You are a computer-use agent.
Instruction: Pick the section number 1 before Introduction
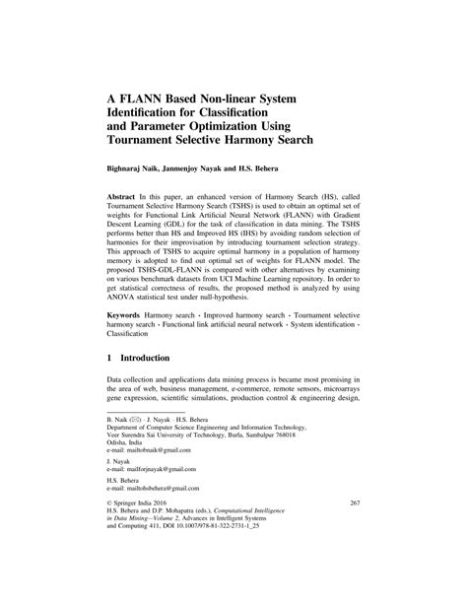pos(110,359)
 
